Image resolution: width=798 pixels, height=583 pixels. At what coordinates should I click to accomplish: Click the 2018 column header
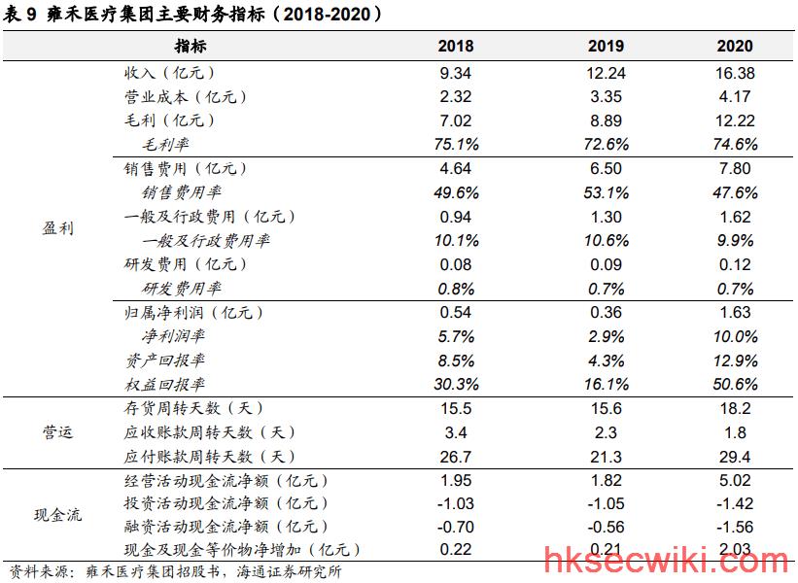[456, 46]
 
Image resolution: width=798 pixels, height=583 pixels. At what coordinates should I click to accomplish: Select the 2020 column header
[735, 46]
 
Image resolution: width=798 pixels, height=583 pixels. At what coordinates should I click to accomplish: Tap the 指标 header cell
[191, 46]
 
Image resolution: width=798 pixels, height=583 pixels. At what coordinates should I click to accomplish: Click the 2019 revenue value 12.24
[606, 73]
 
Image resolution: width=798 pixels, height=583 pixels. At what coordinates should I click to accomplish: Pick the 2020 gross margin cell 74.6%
[735, 145]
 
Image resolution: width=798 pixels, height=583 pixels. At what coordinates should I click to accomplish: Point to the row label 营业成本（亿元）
[186, 96]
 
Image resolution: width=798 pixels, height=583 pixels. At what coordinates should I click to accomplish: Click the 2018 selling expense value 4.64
[456, 168]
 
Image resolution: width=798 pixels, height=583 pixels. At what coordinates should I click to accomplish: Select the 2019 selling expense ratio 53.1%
[606, 192]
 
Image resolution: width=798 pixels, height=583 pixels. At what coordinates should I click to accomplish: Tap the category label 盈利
[57, 228]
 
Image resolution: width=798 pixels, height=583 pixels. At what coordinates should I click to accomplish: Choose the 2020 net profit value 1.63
[735, 312]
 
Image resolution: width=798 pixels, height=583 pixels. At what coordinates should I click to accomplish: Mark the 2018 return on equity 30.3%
[456, 384]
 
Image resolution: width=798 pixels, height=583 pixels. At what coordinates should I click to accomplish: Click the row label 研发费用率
[181, 289]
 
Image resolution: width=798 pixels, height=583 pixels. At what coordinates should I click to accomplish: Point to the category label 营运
[57, 432]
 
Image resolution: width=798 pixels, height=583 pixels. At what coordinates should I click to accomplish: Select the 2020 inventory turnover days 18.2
[735, 408]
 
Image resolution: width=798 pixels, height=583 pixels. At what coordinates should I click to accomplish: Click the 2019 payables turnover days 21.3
[606, 457]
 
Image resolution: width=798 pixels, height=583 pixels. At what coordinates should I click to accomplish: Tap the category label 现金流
[57, 515]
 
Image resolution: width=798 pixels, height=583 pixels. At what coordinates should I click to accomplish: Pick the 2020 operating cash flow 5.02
[735, 480]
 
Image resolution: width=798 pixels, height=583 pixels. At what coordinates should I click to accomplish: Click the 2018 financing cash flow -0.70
[456, 527]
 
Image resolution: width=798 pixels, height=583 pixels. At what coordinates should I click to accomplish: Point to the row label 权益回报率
[165, 384]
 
